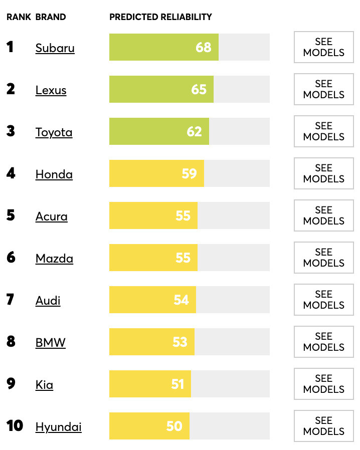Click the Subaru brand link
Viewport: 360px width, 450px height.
coord(55,48)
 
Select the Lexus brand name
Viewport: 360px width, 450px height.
coord(51,90)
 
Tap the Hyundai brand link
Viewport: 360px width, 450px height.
coord(59,427)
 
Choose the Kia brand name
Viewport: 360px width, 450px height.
coord(44,385)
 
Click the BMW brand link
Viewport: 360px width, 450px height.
coord(51,343)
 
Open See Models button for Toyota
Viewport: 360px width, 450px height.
coord(323,131)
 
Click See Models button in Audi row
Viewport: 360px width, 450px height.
coord(323,300)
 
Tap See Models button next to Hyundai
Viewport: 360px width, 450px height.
coord(323,426)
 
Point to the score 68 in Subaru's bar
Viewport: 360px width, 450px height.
coord(204,47)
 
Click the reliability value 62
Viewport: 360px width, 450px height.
coord(194,131)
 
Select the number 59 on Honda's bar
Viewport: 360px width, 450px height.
coord(189,173)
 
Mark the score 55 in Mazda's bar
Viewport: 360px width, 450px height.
coord(183,258)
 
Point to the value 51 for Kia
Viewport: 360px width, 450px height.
coord(178,384)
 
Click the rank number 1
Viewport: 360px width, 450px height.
coord(10,47)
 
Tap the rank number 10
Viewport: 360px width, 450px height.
coord(15,426)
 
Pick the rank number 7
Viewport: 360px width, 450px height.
coord(11,300)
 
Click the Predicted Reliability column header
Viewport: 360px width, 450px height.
coord(160,17)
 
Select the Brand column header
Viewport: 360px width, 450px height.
coord(51,17)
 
